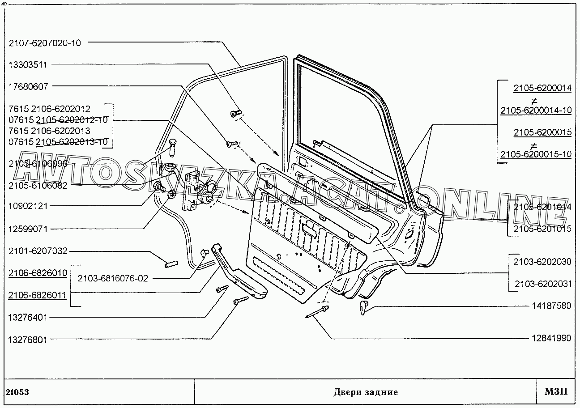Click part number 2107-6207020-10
click(45, 43)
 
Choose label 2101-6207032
click(38, 251)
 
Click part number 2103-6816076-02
click(112, 278)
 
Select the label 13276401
click(27, 318)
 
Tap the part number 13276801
click(27, 340)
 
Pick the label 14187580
click(551, 306)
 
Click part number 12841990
click(551, 338)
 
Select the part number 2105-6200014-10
click(536, 110)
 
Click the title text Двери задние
click(365, 392)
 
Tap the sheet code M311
click(556, 392)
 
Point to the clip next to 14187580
click(364, 307)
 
